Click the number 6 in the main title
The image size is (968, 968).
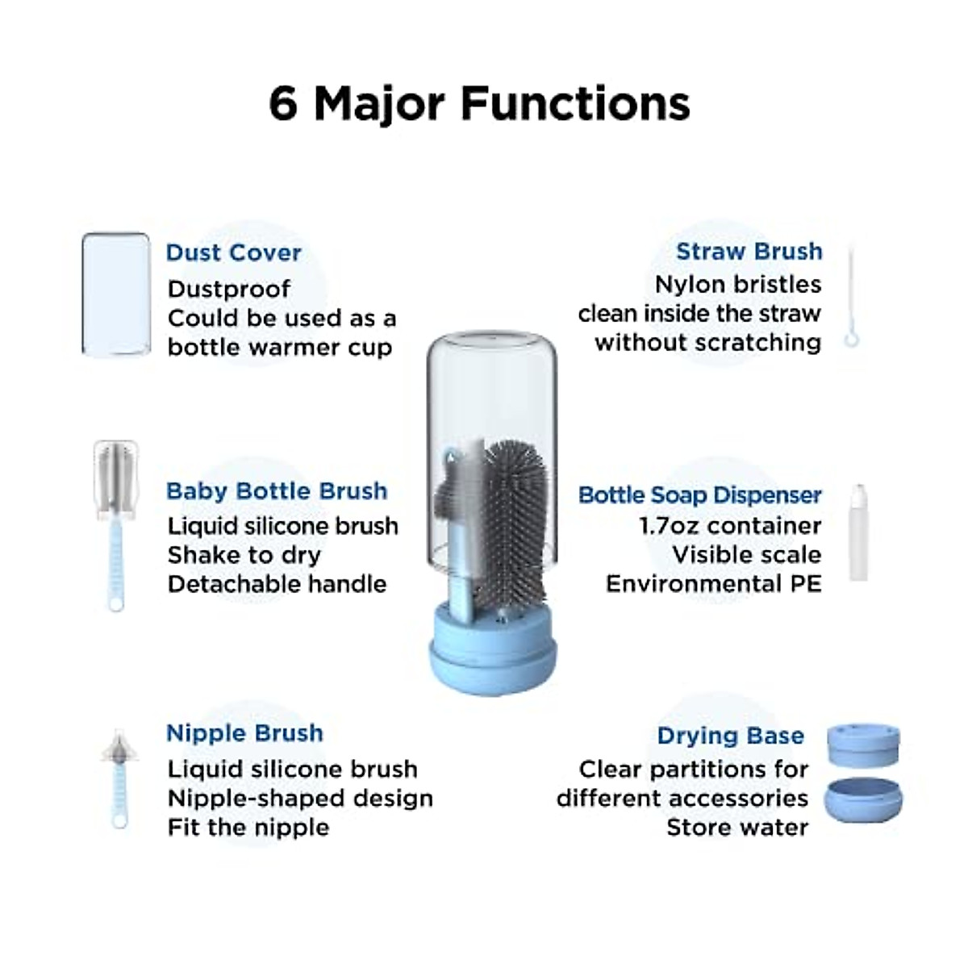tap(283, 104)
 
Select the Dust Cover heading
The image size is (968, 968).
tap(233, 252)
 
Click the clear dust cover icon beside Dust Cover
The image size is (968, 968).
tap(116, 294)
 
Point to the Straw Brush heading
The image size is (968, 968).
tap(749, 252)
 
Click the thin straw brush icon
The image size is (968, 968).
tap(851, 298)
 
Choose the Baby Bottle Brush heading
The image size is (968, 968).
tap(277, 491)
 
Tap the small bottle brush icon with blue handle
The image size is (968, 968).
tap(116, 524)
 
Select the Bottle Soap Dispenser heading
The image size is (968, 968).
tap(699, 495)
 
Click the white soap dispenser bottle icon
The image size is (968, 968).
tap(858, 532)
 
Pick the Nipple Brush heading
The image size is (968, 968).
tap(244, 733)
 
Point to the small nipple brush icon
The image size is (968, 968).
tap(119, 778)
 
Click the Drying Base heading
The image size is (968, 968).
tap(730, 736)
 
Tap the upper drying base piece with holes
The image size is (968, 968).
tap(863, 745)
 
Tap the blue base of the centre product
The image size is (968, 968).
tap(491, 653)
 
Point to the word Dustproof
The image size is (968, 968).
tap(229, 289)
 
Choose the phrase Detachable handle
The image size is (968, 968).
tap(277, 584)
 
